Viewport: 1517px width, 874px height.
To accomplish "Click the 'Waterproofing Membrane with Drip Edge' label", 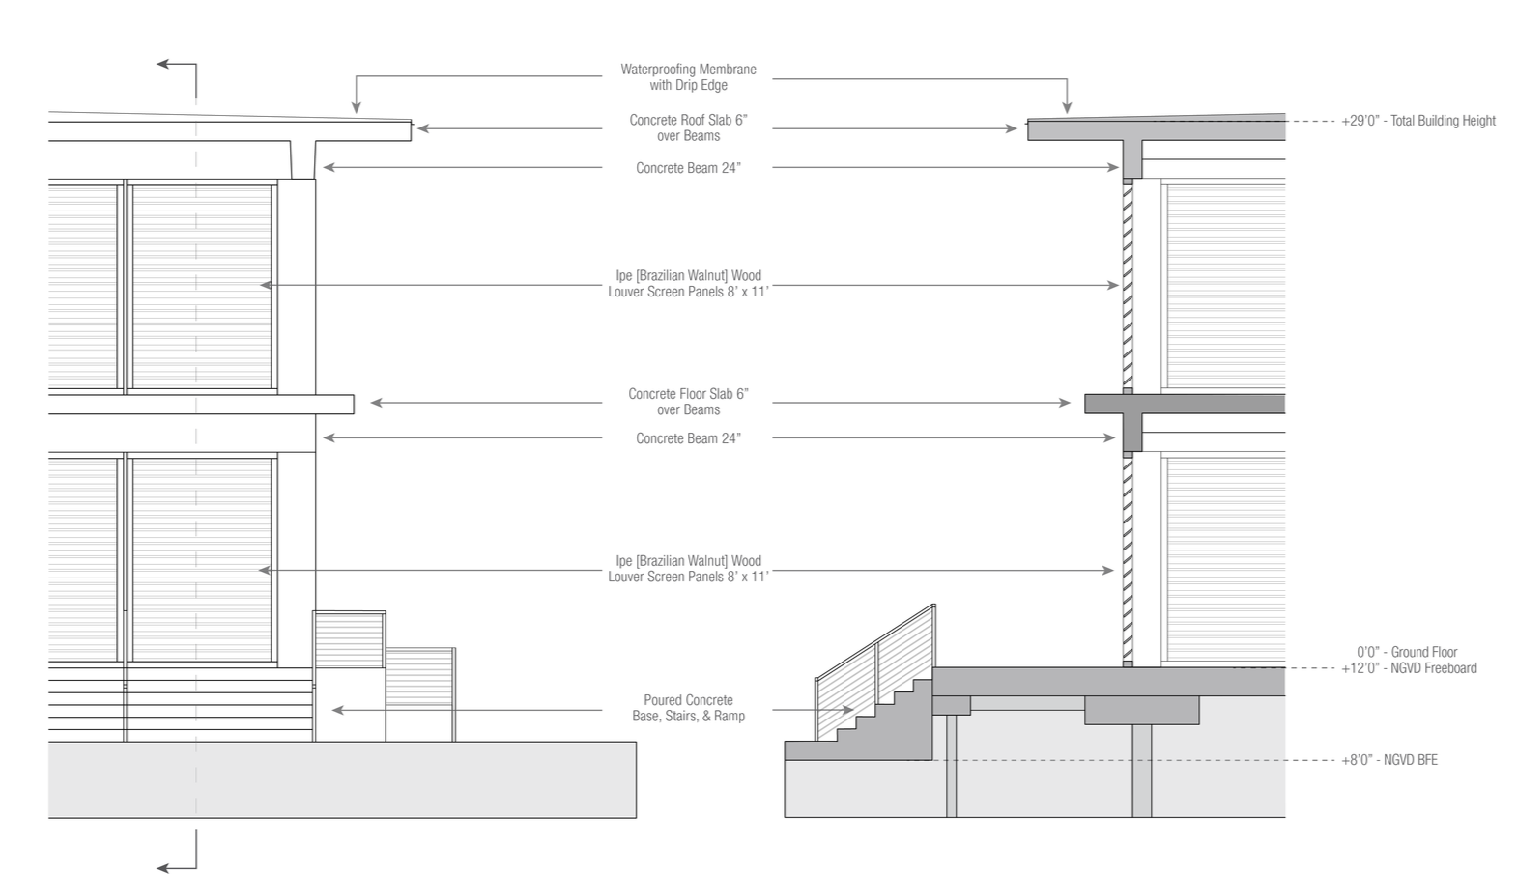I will [688, 77].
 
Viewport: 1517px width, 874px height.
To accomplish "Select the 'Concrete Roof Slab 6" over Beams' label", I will [688, 127].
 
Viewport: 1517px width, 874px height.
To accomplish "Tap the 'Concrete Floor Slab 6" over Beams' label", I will [688, 402].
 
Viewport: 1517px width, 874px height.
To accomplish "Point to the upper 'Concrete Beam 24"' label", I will [688, 168].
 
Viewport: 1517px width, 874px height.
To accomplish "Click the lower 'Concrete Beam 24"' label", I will [688, 438].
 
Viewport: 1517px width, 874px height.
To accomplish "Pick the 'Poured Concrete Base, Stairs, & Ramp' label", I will [688, 708].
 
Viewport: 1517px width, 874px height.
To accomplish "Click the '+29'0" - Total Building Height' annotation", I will [1418, 121].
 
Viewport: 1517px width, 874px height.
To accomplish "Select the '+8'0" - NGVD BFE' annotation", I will [1389, 760].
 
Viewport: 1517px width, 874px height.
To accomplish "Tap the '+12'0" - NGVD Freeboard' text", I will [1409, 668].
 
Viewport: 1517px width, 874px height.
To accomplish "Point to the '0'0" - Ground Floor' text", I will [1407, 652].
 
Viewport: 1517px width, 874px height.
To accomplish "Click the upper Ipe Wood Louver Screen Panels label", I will [688, 284].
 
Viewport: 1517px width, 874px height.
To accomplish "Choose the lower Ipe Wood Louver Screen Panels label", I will [688, 569].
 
